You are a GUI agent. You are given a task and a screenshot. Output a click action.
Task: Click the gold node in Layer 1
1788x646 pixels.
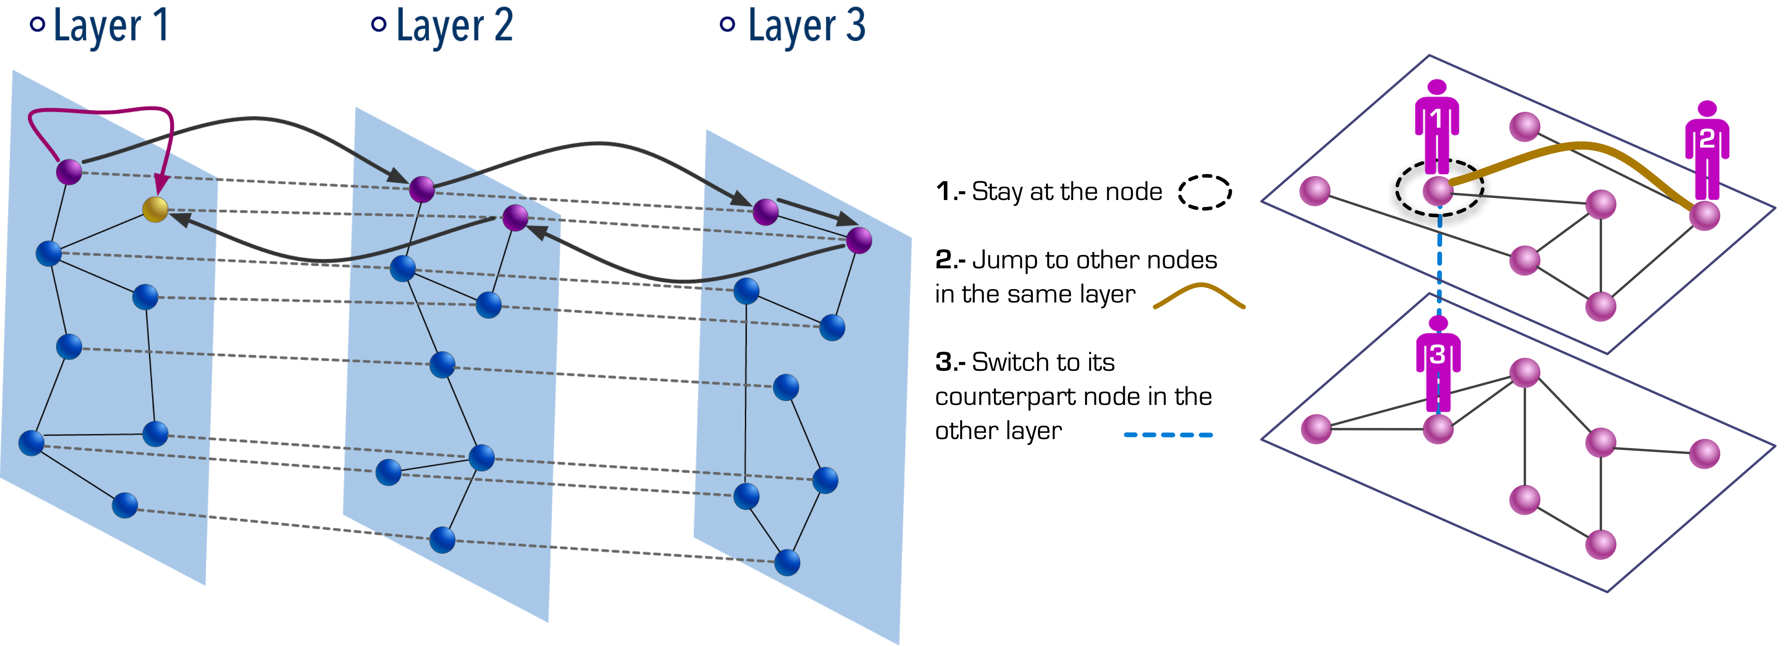[155, 209]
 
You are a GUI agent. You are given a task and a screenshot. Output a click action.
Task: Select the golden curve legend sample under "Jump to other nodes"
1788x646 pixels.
[1199, 296]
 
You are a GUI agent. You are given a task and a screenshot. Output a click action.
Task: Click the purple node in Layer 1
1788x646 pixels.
[69, 172]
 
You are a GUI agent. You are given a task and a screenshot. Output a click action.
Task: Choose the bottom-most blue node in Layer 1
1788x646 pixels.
[125, 505]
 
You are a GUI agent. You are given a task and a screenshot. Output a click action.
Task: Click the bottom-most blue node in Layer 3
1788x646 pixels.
[787, 563]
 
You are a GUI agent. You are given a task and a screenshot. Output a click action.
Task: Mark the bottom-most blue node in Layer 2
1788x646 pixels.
[442, 540]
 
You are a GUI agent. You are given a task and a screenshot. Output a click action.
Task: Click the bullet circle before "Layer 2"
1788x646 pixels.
[378, 24]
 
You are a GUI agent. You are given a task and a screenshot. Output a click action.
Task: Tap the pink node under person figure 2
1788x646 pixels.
[1705, 215]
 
